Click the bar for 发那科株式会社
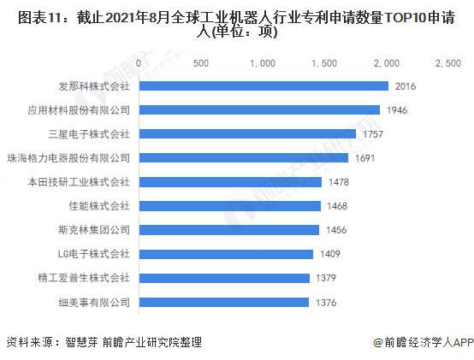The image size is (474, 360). (264, 86)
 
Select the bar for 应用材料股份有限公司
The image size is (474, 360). (259, 110)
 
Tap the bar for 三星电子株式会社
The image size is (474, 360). (247, 133)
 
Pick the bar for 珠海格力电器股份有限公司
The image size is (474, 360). (244, 157)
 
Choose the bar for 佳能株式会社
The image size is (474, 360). (230, 206)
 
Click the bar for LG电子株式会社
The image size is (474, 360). (226, 254)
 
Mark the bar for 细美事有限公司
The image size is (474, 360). (224, 303)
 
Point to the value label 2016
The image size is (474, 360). (406, 86)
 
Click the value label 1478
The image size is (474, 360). (339, 182)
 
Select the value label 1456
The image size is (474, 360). (336, 230)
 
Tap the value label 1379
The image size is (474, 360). (326, 278)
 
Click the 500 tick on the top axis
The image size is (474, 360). (201, 63)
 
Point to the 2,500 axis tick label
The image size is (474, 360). (448, 63)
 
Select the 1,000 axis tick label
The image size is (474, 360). (263, 63)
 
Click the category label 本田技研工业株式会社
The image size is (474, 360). (79, 182)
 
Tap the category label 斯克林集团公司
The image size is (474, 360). (94, 230)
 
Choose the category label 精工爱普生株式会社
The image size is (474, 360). (84, 278)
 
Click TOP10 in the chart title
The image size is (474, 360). (406, 17)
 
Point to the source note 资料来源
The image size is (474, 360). (30, 342)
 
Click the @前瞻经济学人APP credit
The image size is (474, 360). (424, 343)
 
